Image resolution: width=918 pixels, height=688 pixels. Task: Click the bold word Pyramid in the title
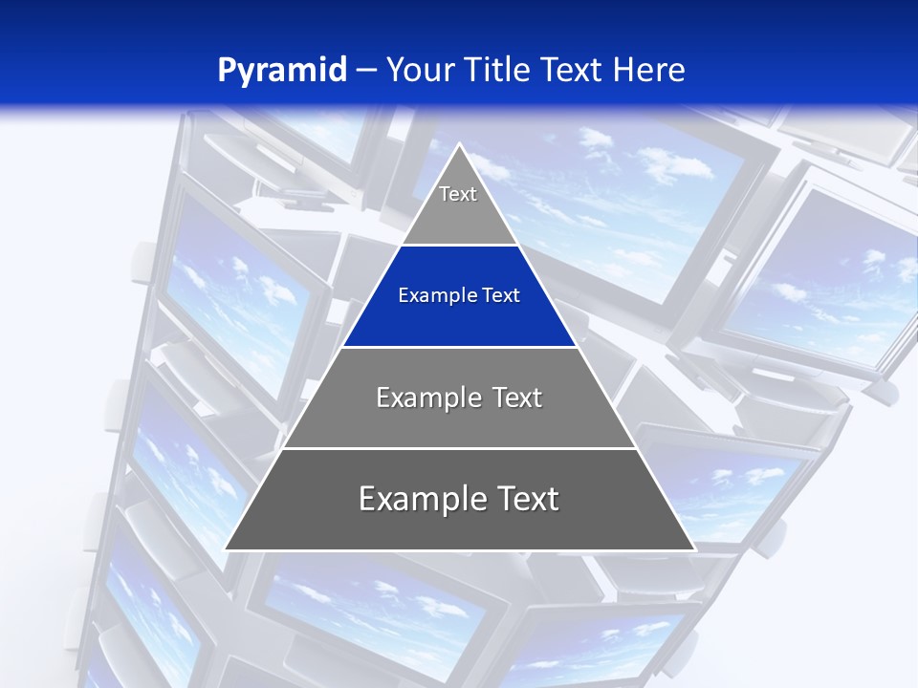point(281,71)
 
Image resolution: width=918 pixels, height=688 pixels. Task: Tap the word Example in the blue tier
point(435,296)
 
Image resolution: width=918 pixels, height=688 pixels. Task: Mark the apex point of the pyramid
point(460,144)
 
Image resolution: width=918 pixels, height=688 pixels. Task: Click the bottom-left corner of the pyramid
point(226,549)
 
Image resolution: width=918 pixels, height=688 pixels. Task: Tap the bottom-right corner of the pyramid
point(693,549)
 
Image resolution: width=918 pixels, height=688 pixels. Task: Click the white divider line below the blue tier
point(459,347)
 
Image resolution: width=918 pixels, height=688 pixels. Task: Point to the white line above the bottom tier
point(459,448)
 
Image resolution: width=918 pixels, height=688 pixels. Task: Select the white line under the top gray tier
point(459,246)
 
